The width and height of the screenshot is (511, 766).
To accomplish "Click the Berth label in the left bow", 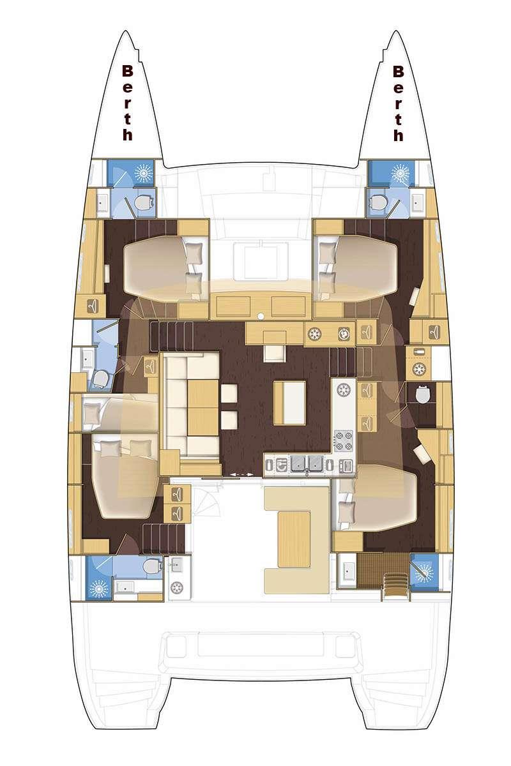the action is point(127,103).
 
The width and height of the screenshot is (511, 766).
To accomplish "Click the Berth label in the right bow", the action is point(398,103).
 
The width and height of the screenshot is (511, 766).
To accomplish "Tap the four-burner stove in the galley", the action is point(343,441).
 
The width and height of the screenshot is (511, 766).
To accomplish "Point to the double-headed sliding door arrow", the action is point(241,475).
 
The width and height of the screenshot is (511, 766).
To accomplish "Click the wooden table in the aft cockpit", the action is point(294,539).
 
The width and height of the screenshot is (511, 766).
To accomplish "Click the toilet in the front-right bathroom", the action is point(379,202).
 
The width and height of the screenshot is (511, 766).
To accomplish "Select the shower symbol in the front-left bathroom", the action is point(144,173).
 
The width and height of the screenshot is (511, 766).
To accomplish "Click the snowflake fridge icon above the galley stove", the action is point(342,389).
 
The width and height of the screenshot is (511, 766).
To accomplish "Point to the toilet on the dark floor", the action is point(422,394).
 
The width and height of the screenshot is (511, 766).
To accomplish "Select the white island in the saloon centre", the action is point(289,403).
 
